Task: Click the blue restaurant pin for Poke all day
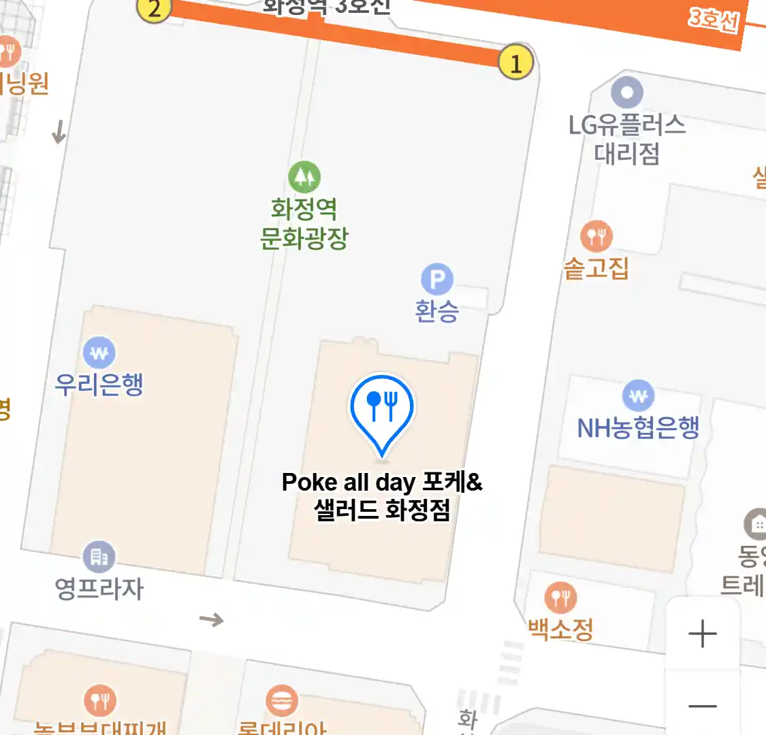(382, 407)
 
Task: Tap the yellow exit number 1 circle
(515, 63)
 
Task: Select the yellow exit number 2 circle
(155, 9)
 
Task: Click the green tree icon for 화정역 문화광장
(304, 177)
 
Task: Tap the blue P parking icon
(437, 279)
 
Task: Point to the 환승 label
(437, 311)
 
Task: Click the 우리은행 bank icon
(99, 353)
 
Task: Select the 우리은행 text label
(99, 385)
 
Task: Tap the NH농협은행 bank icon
(638, 395)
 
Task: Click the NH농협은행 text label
(638, 427)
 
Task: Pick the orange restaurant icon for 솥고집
(596, 236)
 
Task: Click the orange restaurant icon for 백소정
(561, 598)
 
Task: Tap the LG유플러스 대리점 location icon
(627, 92)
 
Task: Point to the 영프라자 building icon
(99, 557)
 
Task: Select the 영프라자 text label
(99, 588)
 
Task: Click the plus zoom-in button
(702, 634)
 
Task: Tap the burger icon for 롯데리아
(282, 701)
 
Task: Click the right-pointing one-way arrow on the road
(211, 619)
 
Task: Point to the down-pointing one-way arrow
(59, 131)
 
